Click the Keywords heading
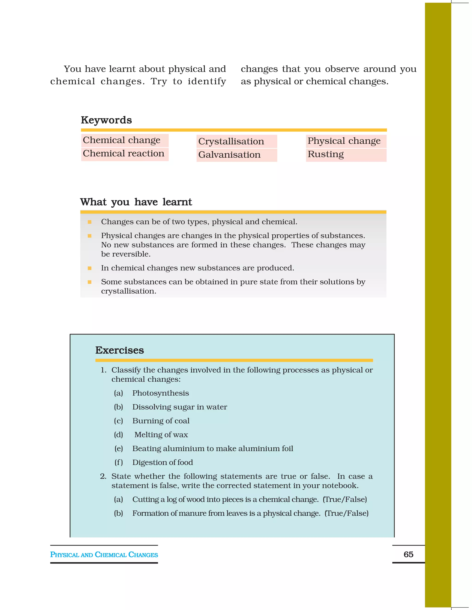tap(106, 120)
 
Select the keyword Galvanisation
tap(229, 155)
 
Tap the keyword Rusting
tap(325, 154)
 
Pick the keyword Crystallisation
tap(231, 141)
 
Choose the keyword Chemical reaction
tap(123, 154)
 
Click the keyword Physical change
tap(344, 141)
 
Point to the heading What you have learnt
tap(136, 202)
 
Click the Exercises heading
tap(119, 350)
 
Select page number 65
tap(408, 555)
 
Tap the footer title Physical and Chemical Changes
tap(104, 555)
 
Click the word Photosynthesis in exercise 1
tap(160, 393)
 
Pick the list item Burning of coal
tap(161, 421)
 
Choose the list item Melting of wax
tap(161, 435)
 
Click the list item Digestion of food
tap(162, 462)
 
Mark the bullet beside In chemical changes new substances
tap(89, 268)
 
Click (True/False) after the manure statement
tap(346, 513)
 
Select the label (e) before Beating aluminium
tap(118, 449)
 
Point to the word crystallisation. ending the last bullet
tap(129, 291)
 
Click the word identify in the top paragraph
tap(207, 81)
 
